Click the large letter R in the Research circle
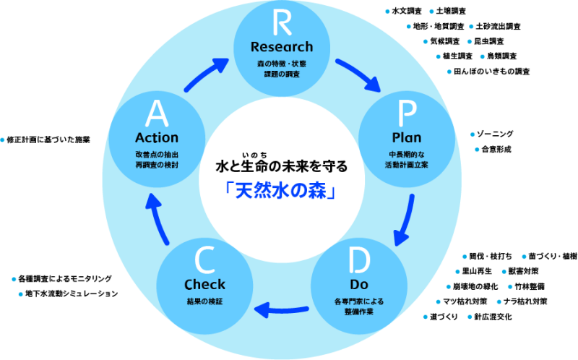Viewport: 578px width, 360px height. (x=282, y=24)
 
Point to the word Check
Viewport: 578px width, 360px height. (x=204, y=284)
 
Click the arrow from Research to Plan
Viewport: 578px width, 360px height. (x=356, y=74)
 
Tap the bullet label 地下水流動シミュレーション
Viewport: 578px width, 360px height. (x=71, y=294)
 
